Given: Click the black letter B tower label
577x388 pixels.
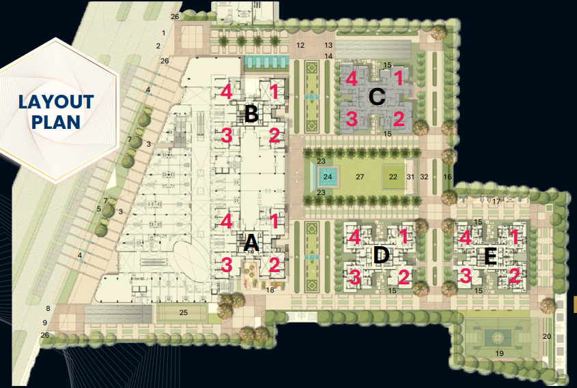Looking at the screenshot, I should [251, 115].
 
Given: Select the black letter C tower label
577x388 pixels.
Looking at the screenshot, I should [376, 97].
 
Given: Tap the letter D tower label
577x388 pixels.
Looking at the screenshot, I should [381, 256].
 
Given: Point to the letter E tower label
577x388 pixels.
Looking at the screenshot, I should [490, 256].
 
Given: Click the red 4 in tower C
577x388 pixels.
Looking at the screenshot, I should [352, 78].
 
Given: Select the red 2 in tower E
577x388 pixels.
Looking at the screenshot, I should [514, 276].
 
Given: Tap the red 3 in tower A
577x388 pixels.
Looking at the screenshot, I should [227, 265].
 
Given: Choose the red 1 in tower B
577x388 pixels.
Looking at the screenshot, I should [274, 91].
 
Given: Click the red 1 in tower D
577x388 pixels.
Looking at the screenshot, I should [404, 237].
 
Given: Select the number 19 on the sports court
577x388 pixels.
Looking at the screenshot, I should [499, 353].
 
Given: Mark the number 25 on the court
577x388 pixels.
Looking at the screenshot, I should [183, 312].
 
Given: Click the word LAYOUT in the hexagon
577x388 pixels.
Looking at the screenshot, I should [56, 102].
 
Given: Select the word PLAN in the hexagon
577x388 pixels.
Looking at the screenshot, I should [56, 122].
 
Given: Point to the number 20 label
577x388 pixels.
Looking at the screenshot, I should [546, 336].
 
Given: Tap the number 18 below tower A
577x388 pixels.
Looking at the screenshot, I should [270, 290].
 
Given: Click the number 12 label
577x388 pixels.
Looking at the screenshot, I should [300, 45].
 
